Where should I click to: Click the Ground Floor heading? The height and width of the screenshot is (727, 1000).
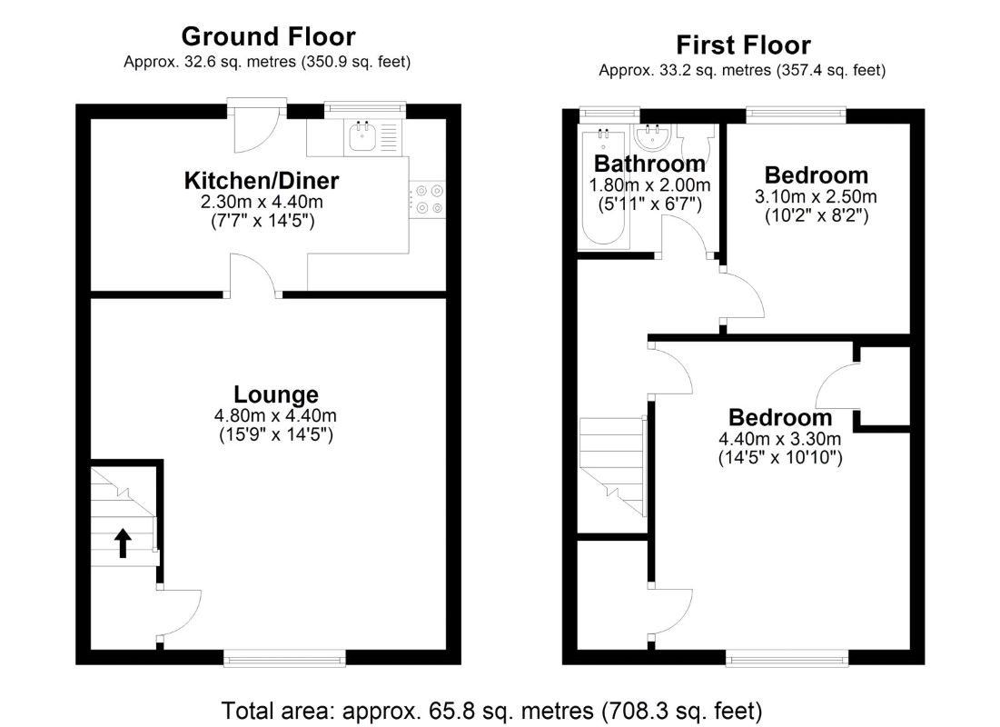[269, 36]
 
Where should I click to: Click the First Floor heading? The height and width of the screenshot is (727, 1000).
[743, 45]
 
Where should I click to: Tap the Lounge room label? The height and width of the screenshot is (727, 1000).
[275, 395]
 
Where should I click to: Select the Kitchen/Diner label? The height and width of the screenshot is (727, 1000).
[262, 181]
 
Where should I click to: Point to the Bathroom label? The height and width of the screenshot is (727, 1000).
[650, 164]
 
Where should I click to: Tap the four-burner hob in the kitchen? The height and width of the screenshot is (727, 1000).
[427, 198]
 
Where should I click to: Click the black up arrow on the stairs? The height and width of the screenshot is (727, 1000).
[123, 543]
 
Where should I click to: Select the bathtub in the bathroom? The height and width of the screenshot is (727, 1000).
[603, 186]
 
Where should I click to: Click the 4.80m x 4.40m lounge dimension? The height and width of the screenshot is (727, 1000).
[275, 415]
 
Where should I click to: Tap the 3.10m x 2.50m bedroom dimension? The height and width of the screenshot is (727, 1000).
[817, 196]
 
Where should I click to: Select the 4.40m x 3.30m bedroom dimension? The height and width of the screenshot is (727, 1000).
[780, 439]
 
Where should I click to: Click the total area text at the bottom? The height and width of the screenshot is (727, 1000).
[491, 711]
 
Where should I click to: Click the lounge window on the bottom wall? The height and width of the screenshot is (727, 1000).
[284, 658]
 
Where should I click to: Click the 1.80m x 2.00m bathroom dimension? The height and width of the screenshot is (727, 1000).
[650, 185]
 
